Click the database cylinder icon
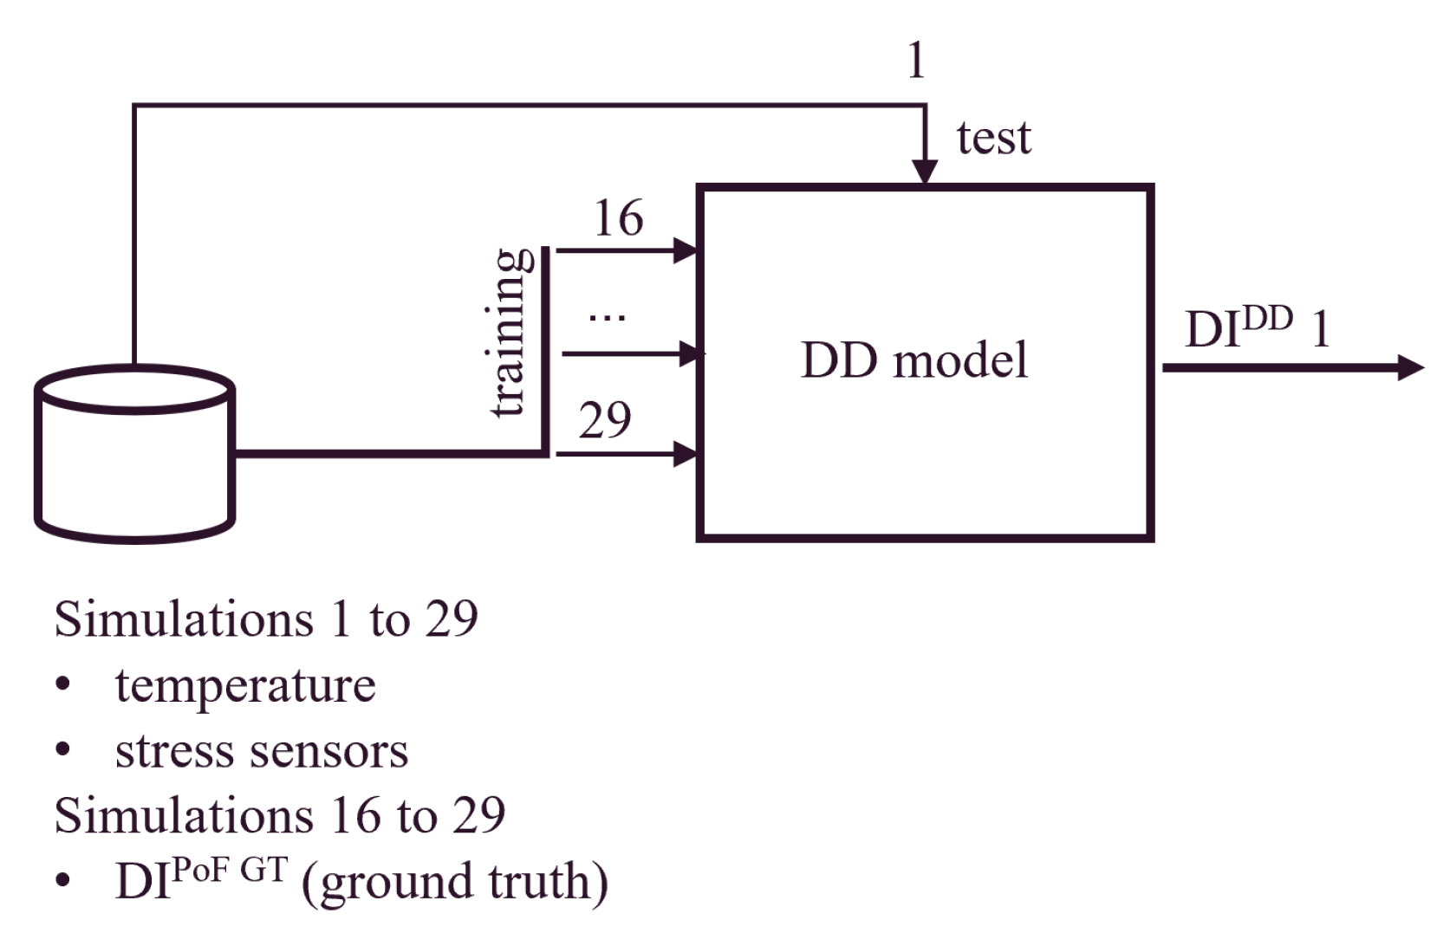(134, 455)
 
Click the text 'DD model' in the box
(914, 360)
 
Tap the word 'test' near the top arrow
(993, 138)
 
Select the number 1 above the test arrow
(915, 61)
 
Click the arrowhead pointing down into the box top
(925, 172)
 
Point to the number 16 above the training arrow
(618, 217)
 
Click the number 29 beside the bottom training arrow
(604, 420)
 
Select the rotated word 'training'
(509, 334)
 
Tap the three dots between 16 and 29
(607, 317)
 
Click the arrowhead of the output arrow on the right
(1410, 367)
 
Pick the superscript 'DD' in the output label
(1267, 318)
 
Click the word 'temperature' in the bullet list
(245, 686)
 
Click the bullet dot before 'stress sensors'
(62, 750)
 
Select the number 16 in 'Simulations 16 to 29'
(356, 815)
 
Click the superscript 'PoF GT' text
(230, 869)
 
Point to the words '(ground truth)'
(454, 882)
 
